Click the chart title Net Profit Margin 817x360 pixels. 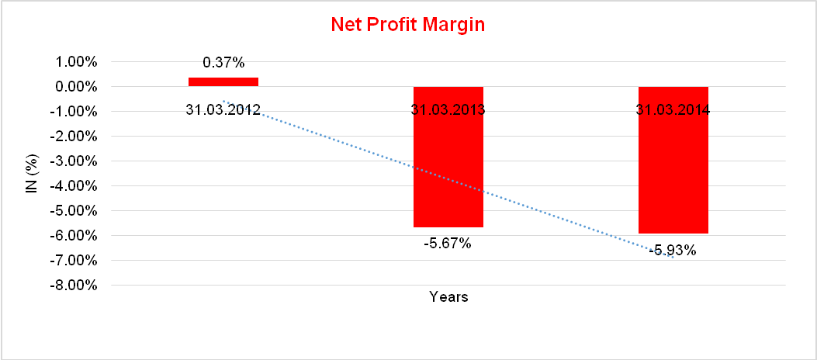point(407,25)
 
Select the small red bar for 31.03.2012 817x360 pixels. point(223,81)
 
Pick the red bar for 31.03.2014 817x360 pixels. point(673,171)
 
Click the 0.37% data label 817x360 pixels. point(223,62)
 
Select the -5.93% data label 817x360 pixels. point(673,250)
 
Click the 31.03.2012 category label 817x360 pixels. point(223,109)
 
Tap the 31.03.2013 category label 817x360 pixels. point(448,109)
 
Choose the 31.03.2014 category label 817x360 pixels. point(673,109)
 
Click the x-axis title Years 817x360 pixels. point(448,296)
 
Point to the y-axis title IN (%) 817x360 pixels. point(33,174)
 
